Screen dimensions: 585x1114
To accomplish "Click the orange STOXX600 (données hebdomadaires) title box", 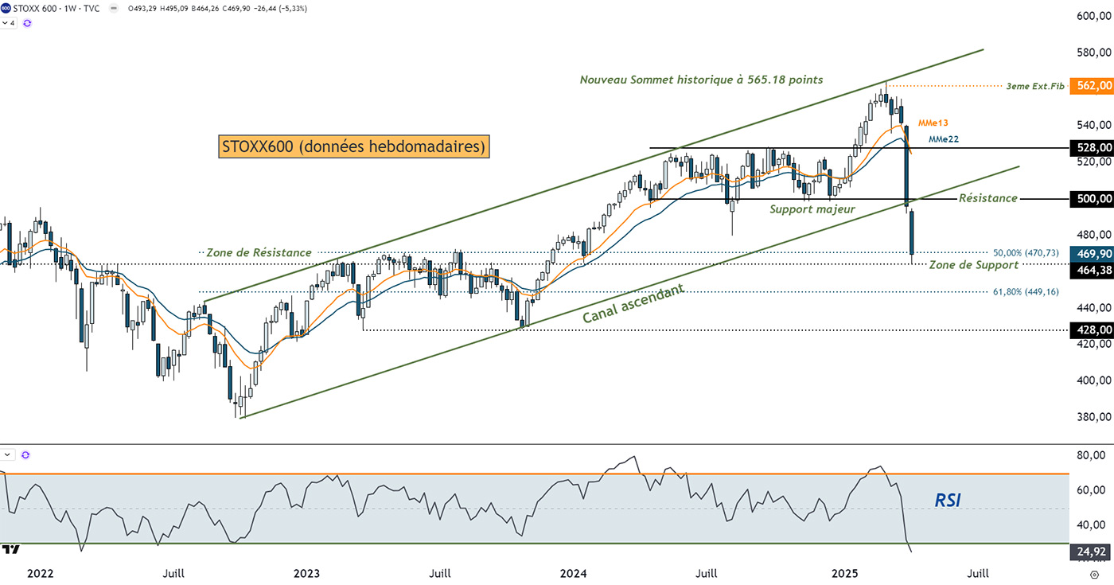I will tap(353, 146).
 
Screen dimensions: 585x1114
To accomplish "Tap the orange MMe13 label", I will tap(932, 123).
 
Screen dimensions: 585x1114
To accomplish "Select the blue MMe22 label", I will tap(945, 138).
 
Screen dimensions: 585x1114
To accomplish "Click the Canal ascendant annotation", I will tap(633, 303).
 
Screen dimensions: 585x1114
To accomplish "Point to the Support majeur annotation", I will tap(812, 209).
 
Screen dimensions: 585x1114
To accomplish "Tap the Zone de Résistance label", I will tap(259, 252).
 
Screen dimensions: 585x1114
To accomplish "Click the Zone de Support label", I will tap(974, 264).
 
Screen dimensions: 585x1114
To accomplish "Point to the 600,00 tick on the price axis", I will tap(1092, 16).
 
